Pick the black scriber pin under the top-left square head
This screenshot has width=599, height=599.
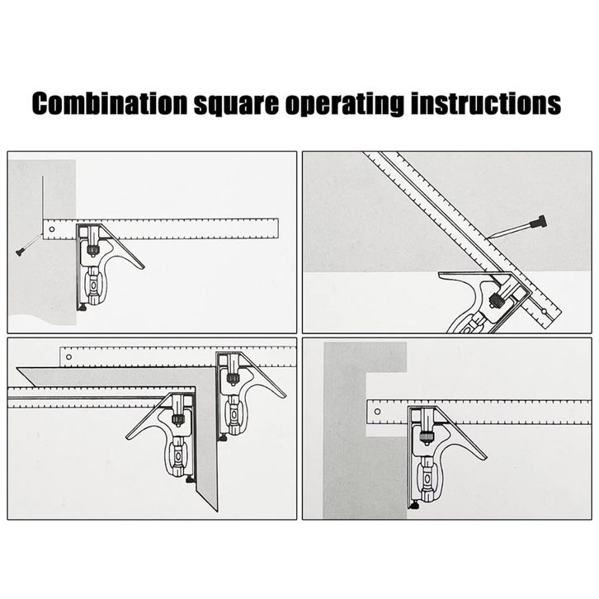click(83, 308)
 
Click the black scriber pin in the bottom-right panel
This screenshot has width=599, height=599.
click(415, 504)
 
